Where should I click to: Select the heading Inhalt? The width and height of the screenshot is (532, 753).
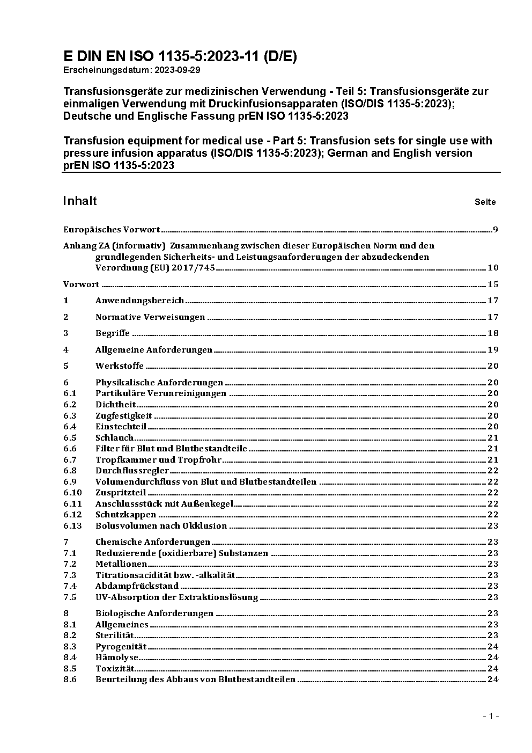[x=80, y=201]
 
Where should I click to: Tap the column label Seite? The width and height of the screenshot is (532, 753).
[x=485, y=202]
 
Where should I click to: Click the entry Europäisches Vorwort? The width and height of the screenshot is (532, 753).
[x=112, y=230]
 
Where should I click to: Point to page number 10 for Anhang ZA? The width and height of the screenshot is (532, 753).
[x=493, y=268]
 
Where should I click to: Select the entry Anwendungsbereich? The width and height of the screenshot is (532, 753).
[x=139, y=301]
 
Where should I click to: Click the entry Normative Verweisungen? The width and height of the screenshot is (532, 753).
[x=150, y=317]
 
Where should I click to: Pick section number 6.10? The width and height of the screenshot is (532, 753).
[x=72, y=493]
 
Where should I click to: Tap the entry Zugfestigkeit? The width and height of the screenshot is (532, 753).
[x=123, y=416]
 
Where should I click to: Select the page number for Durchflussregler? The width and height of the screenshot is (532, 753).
[x=493, y=471]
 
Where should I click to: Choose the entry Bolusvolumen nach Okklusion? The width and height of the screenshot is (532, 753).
[x=161, y=526]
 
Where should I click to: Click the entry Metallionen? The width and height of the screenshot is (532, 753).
[x=121, y=564]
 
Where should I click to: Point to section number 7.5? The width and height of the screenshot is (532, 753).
[x=70, y=597]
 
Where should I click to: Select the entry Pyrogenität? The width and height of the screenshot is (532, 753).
[x=121, y=647]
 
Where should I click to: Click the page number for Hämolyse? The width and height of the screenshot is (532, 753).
[x=493, y=657]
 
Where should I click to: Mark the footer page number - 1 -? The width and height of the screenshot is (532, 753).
[x=491, y=717]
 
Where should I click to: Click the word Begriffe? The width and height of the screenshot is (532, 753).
[x=113, y=333]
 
